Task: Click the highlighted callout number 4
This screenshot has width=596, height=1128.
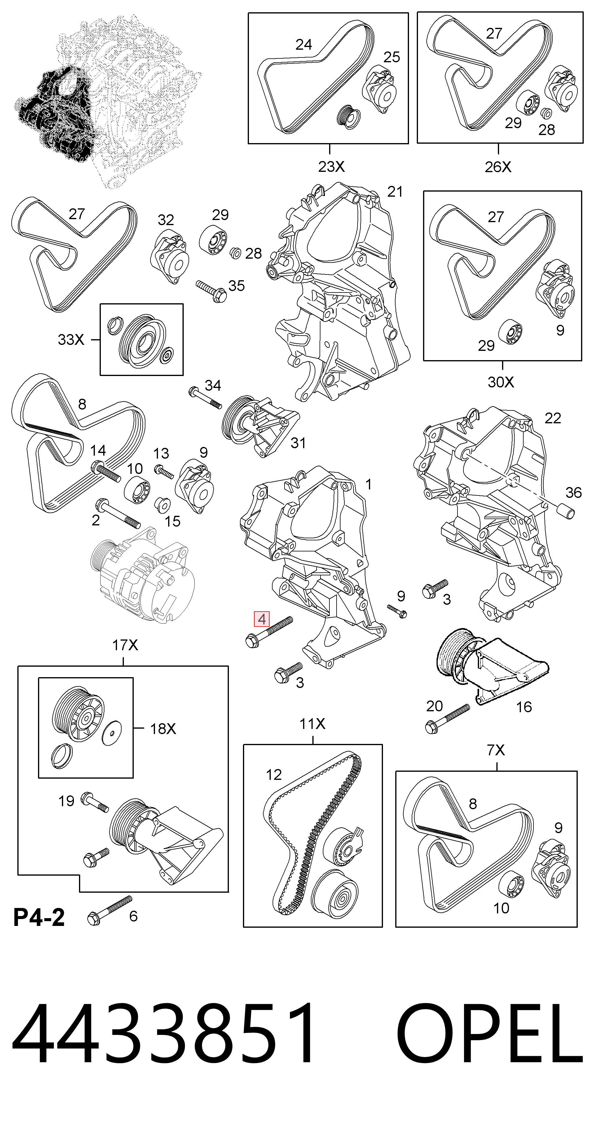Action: (x=262, y=619)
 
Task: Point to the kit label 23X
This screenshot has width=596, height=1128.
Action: (x=331, y=166)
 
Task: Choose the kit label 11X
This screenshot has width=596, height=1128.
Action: (x=312, y=724)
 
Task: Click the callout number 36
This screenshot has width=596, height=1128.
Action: (x=573, y=493)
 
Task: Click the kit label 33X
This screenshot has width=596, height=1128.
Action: (x=71, y=339)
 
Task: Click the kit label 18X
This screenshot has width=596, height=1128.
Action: (x=163, y=729)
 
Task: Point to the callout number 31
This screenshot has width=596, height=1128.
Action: (x=298, y=443)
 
